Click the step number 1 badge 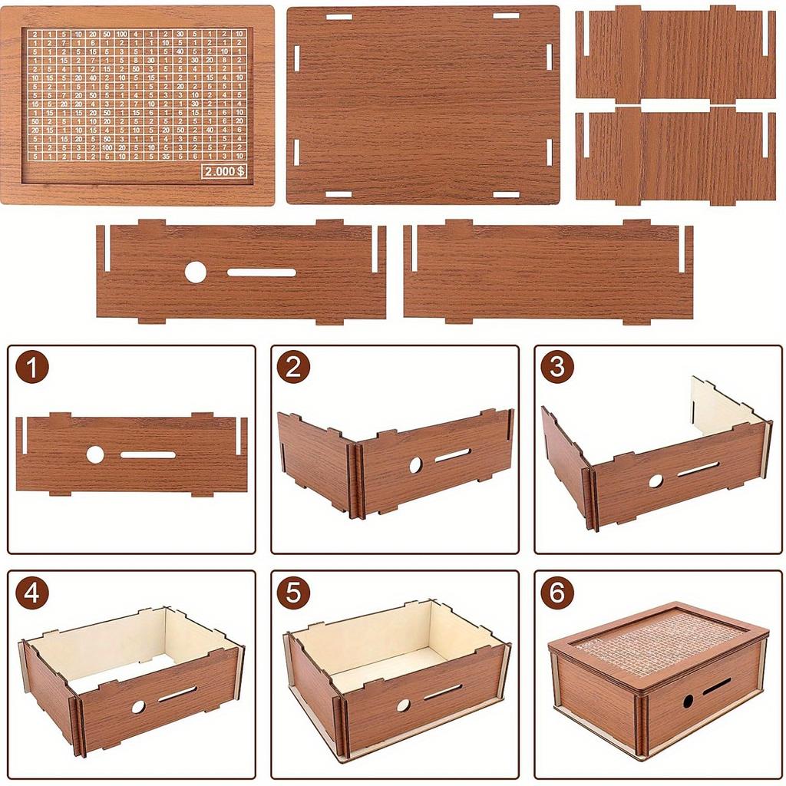click(x=31, y=368)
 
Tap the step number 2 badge click(x=293, y=368)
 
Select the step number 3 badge click(x=556, y=368)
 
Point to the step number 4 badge click(x=31, y=593)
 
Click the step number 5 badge click(x=293, y=593)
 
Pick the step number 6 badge click(x=556, y=593)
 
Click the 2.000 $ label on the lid click(x=224, y=172)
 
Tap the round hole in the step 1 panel click(x=95, y=454)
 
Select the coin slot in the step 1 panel click(x=148, y=454)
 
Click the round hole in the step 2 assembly click(x=415, y=464)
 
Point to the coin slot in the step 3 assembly click(x=698, y=469)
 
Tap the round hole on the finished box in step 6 click(x=689, y=701)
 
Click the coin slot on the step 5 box click(x=443, y=692)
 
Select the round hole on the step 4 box click(x=138, y=706)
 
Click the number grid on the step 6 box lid click(x=652, y=643)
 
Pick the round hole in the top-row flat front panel click(x=196, y=272)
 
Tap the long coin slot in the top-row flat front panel click(x=262, y=272)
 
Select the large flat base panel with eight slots click(x=423, y=105)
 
